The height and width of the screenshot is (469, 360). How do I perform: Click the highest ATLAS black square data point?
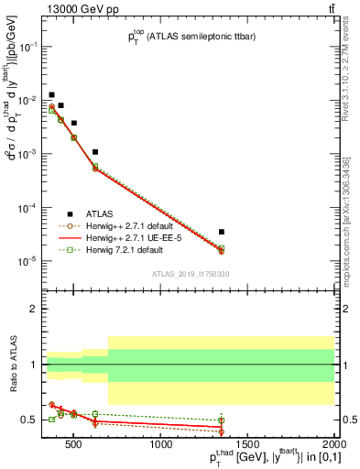coord(52,94)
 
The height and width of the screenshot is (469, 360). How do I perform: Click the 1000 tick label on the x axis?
coord(162,445)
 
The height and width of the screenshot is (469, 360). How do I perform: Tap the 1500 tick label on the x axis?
coord(248,445)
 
